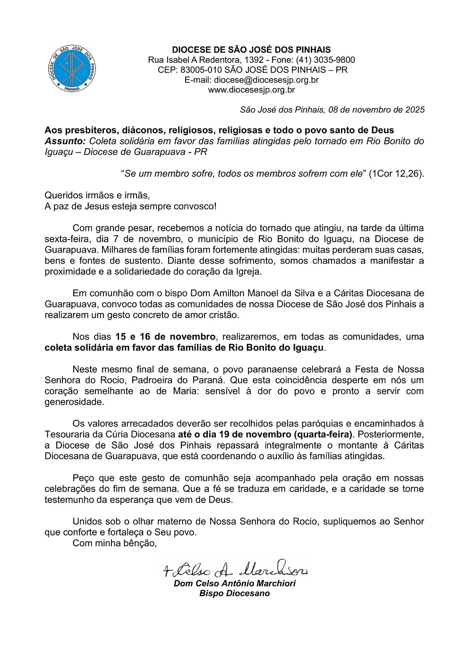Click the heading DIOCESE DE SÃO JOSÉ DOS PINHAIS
click(251, 50)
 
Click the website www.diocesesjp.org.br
click(251, 90)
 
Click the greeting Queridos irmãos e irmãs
click(96, 195)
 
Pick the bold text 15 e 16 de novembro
click(165, 337)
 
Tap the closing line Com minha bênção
click(114, 543)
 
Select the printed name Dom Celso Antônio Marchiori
click(234, 584)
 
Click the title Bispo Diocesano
click(234, 594)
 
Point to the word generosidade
click(73, 402)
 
